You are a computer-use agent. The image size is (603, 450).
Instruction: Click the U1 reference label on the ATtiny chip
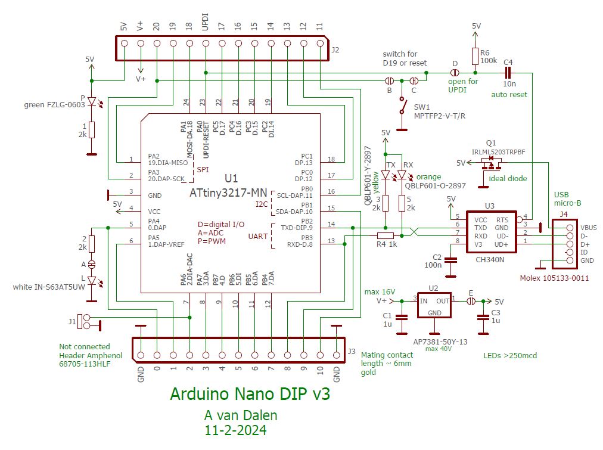231,179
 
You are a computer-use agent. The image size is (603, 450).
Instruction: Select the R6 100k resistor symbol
475,56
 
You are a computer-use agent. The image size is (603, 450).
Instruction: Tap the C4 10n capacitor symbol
508,72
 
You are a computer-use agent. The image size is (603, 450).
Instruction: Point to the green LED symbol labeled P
91,102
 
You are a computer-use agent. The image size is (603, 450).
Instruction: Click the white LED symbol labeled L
91,280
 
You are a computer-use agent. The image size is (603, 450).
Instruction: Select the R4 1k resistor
386,235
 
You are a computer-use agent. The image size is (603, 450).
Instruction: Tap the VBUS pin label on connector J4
588,228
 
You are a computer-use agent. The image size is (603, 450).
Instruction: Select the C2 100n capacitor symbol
451,259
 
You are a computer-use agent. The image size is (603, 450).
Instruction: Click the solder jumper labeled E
471,301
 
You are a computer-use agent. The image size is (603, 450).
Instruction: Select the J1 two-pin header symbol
86,322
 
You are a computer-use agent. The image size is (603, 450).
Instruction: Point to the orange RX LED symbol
403,175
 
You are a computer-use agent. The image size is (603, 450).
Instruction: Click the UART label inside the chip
257,237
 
